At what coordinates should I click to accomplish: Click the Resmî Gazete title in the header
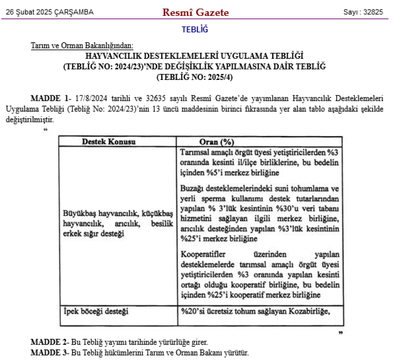coord(195,12)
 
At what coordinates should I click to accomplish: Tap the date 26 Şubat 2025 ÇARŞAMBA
coord(50,12)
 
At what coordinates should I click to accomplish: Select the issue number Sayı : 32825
coord(363,12)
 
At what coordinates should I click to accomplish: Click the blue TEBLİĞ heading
coord(195,29)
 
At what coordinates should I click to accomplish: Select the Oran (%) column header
coord(216,142)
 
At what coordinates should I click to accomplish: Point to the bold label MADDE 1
coord(50,98)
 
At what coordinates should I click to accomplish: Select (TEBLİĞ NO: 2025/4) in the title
coord(194,77)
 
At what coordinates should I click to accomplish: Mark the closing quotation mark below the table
coord(340,332)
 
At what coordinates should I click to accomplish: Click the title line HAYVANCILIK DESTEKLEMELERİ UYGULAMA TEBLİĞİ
coord(194,56)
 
